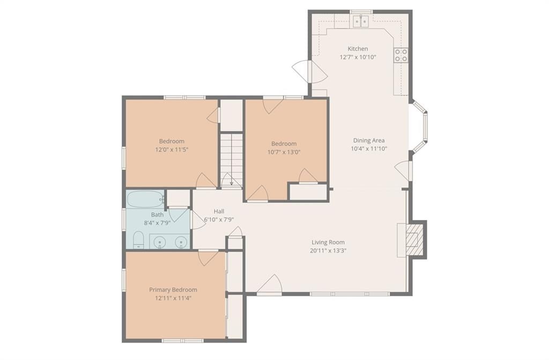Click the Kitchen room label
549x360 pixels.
358,49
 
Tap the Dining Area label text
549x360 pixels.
369,141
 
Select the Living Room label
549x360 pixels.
328,242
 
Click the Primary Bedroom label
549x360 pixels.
173,290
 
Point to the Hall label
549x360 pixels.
219,211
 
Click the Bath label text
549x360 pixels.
157,215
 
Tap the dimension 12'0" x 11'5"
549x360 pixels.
172,150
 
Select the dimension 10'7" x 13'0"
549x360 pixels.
284,152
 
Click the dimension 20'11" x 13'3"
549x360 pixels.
328,251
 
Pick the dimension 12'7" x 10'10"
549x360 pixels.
358,57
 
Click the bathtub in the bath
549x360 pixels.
145,200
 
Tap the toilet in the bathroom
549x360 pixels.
139,240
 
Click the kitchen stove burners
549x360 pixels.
401,55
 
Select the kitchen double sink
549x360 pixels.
361,21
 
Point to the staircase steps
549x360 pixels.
232,159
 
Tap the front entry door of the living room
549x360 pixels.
269,284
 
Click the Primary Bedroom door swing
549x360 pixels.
208,258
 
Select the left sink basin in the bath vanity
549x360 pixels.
160,241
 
